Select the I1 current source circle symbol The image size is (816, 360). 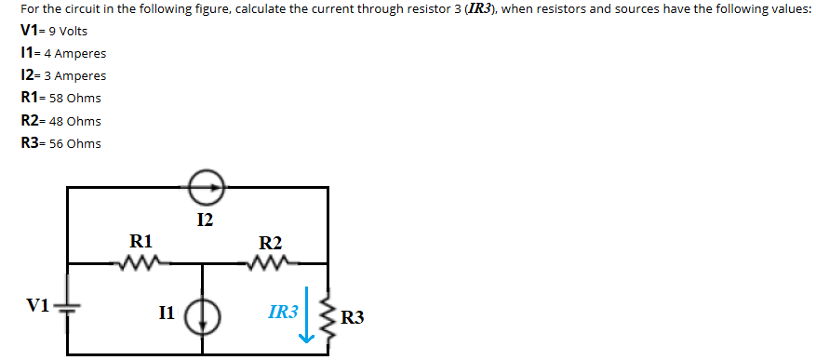click(x=204, y=316)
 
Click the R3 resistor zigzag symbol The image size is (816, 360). click(x=328, y=316)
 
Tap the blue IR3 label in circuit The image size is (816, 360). click(x=283, y=313)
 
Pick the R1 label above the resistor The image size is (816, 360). click(x=140, y=241)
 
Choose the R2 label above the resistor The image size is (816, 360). click(x=270, y=243)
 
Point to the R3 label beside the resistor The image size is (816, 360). click(x=353, y=318)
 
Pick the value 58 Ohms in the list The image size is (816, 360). click(x=75, y=99)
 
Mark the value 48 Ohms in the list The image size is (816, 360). click(x=75, y=121)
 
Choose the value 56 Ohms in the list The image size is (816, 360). click(x=75, y=143)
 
